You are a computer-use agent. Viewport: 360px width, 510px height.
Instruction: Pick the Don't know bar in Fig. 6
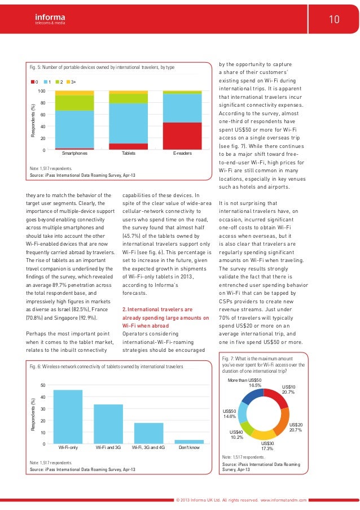(x=189, y=441)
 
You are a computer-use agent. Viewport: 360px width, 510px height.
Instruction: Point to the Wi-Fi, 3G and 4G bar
(x=148, y=433)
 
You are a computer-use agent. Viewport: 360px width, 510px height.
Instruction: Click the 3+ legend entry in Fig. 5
(x=70, y=82)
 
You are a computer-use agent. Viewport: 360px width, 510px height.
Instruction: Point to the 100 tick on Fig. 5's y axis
(x=41, y=91)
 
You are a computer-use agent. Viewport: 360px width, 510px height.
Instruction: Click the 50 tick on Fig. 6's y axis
(x=42, y=385)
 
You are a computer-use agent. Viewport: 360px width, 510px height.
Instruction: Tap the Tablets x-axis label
(x=128, y=153)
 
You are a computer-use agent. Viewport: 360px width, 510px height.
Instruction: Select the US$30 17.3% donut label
(x=268, y=447)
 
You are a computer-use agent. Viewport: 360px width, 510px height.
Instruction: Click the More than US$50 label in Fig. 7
(x=245, y=382)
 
